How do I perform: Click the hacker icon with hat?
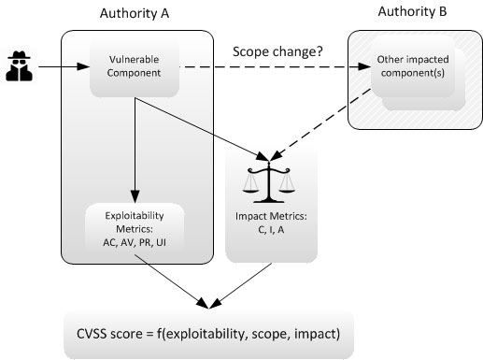21,66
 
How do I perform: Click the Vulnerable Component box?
133,67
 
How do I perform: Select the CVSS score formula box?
207,333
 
